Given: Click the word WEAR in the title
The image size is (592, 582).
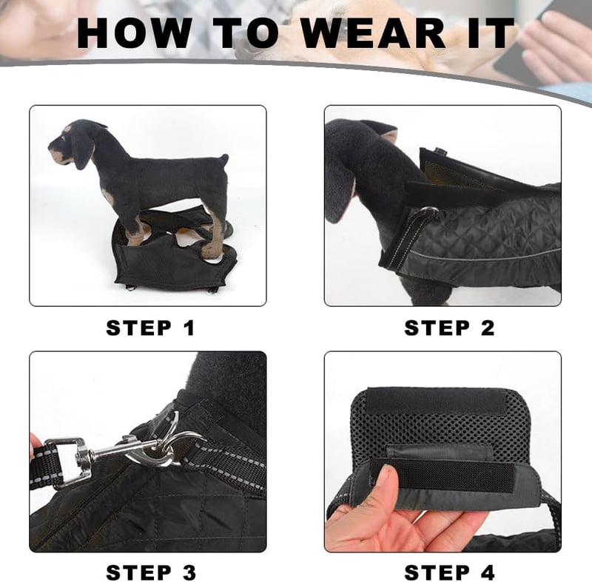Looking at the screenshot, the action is pyautogui.click(x=373, y=33).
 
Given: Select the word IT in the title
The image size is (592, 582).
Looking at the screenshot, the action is pyautogui.click(x=491, y=33).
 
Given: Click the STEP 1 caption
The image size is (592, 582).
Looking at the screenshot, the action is pyautogui.click(x=150, y=328).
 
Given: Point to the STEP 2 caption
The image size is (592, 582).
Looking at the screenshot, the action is pyautogui.click(x=449, y=328).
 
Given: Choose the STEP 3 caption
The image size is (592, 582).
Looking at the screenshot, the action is pyautogui.click(x=151, y=573).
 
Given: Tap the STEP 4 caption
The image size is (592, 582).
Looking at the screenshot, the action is pyautogui.click(x=449, y=573).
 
